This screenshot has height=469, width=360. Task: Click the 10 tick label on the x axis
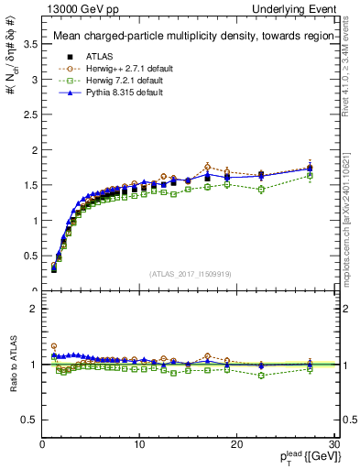tap(139, 444)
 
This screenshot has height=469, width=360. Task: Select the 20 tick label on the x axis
tap(236, 444)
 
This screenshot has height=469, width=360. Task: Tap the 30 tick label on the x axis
tap(333, 444)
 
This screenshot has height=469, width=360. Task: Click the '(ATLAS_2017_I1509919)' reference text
tap(190, 273)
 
